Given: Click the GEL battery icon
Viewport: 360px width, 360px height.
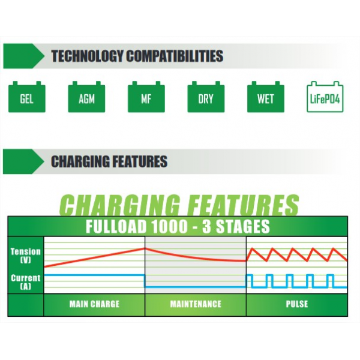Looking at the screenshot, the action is click(27, 97).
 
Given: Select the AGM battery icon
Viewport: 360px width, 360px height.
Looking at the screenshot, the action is click(86, 97).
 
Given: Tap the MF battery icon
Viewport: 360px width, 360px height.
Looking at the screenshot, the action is click(146, 97).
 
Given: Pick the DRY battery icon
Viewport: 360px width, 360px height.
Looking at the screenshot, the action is click(206, 97).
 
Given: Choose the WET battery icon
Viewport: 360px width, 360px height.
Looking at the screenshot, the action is click(266, 97).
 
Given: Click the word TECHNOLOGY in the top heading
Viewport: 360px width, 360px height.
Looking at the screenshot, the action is click(87, 56).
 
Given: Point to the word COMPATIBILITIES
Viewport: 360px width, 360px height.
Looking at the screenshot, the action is click(175, 56).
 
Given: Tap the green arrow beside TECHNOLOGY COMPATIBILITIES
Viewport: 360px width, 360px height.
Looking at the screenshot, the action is click(23, 56).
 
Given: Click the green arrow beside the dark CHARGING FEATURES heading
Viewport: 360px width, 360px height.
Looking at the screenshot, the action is click(23, 161).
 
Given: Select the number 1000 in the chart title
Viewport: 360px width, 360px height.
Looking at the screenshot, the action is click(170, 226).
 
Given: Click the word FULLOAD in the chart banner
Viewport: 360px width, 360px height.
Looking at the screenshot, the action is click(116, 226).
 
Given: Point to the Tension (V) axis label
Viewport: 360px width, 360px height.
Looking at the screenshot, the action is click(25, 256).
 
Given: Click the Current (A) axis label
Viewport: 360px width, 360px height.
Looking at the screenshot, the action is click(25, 282).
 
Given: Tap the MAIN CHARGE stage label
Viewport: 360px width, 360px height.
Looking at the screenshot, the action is click(94, 304).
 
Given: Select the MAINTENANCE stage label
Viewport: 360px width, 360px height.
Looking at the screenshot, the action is click(196, 304).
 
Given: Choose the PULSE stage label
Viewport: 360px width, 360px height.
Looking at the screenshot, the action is click(297, 304).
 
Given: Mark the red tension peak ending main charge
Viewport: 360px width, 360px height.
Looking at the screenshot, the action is click(145, 248).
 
